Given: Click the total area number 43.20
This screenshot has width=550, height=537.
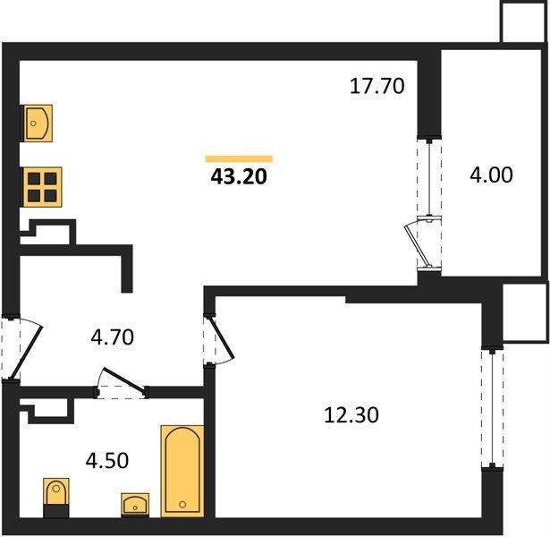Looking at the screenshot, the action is click(x=239, y=176).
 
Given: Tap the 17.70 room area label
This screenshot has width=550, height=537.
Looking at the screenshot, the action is click(x=377, y=86).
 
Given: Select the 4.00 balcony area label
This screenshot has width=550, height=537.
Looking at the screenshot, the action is click(x=491, y=175).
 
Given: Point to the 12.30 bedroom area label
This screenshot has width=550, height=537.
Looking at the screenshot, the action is click(x=351, y=415).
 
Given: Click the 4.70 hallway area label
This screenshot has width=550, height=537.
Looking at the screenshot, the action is click(x=113, y=337).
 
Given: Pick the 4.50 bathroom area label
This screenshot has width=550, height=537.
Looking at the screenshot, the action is click(x=107, y=461).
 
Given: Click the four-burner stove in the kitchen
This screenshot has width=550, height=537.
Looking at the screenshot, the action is click(x=42, y=187).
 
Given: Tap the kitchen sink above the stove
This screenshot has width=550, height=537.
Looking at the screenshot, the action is click(x=38, y=124).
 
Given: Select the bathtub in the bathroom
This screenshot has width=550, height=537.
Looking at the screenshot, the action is click(x=182, y=471).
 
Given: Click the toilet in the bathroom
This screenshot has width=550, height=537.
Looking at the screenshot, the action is click(x=56, y=498).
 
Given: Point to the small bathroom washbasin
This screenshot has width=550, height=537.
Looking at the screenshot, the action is click(x=135, y=505).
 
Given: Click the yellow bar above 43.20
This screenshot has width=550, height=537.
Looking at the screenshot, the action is click(x=239, y=159).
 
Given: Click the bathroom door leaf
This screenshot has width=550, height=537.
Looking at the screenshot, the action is click(x=123, y=379).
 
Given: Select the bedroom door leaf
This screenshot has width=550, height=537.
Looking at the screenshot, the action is click(x=222, y=338).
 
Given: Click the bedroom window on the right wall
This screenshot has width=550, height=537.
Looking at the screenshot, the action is click(x=493, y=407).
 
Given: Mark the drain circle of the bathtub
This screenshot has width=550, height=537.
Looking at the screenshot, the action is click(x=182, y=505).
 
